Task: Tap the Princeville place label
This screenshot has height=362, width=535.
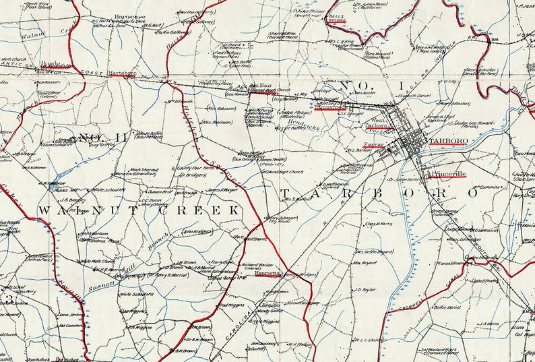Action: tap(447, 173)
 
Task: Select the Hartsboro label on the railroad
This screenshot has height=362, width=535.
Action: tap(122, 72)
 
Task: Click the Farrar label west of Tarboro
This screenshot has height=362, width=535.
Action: tap(373, 144)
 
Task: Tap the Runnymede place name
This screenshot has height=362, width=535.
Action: tap(329, 107)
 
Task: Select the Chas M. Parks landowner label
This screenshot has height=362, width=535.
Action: tap(379, 224)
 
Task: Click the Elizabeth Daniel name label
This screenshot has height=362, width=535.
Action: tap(415, 96)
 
